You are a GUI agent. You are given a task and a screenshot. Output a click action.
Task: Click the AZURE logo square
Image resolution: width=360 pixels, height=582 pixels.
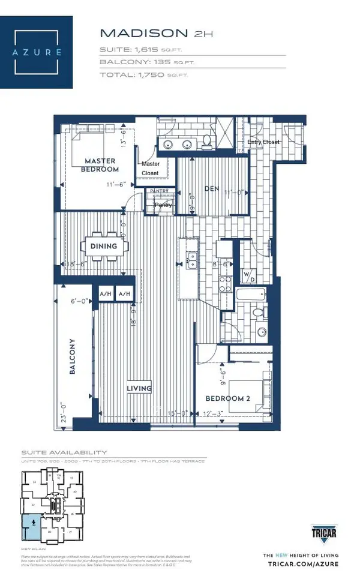[37, 52]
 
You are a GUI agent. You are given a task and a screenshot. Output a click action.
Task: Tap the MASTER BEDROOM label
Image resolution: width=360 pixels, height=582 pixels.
[100, 164]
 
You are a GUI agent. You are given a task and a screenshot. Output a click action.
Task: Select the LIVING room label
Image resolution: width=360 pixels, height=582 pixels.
[139, 388]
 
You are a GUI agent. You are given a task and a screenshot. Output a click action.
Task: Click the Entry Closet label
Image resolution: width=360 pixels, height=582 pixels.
[263, 142]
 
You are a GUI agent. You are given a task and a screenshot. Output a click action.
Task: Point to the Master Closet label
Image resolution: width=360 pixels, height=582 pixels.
[150, 169]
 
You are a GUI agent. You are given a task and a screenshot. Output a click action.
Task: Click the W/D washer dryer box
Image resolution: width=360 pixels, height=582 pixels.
[249, 277]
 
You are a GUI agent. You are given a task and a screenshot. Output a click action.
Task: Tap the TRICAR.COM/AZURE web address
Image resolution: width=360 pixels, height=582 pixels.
[301, 564]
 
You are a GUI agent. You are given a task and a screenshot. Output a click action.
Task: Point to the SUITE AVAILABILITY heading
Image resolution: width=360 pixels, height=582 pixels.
[64, 452]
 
